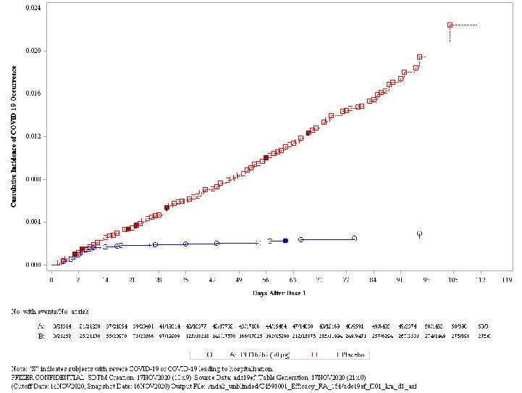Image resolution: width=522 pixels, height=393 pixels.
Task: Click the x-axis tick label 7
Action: click(x=77, y=278)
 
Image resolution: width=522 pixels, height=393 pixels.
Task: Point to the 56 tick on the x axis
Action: click(x=266, y=278)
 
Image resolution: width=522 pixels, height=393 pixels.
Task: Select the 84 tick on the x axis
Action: click(x=373, y=278)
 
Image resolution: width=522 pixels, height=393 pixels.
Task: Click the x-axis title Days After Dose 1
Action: click(x=279, y=292)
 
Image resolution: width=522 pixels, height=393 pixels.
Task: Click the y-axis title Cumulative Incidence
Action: click(x=14, y=136)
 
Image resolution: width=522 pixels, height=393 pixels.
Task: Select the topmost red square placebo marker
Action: click(x=450, y=25)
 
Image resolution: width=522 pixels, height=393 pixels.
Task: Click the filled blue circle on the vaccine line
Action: click(x=286, y=241)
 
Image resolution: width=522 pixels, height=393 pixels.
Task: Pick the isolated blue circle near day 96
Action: click(x=419, y=234)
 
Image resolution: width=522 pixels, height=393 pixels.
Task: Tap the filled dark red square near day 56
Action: click(x=266, y=157)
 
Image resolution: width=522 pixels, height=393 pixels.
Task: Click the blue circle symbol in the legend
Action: click(x=209, y=355)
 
